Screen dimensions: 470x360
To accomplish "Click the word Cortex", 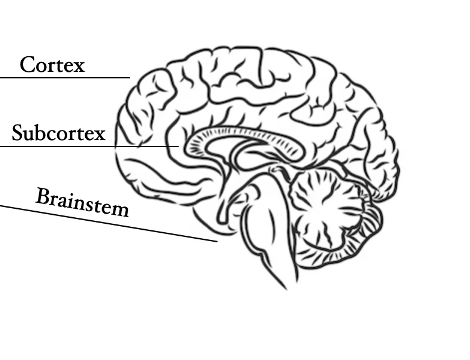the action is coord(52,64).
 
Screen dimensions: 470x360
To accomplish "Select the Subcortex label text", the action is coord(58,132).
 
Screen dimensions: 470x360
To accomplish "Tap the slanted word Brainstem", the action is coord(82,202).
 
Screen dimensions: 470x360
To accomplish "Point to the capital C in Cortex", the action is coord(28,64).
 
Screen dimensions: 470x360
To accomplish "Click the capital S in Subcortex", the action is coord(18,132).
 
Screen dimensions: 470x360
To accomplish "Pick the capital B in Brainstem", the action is coord(43,196).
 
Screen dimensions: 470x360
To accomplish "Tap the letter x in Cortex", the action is coord(79,67).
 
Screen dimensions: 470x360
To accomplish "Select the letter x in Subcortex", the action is coord(99,135).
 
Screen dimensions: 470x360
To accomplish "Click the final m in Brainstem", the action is coord(119,210).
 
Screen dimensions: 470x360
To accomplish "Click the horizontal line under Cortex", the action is coord(65,77).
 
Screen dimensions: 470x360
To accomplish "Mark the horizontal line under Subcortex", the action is coord(89,146).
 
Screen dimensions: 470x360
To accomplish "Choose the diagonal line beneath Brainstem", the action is coord(109,223).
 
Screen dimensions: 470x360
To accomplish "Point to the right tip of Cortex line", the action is coord(130,77).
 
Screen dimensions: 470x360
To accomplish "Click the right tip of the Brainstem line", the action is coord(217,241).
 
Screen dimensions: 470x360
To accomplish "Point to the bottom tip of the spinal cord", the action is coord(287,289).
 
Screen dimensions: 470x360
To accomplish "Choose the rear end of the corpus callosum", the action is coord(298,152).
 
